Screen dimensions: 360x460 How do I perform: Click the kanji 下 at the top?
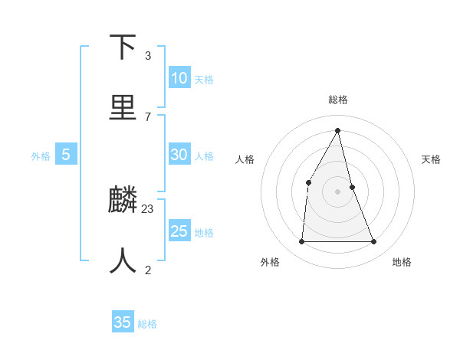coord(123,47)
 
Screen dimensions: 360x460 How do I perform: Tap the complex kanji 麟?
coord(123,201)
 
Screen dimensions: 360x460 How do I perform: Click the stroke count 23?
coord(148,208)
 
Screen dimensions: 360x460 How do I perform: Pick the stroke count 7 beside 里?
coord(147,116)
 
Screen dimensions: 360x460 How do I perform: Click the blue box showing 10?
coord(179,78)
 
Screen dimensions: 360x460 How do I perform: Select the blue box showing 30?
coord(179,155)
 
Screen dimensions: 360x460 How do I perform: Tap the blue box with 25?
coord(179,231)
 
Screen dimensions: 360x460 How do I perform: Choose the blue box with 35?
coord(123,322)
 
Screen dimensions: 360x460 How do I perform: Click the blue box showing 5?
coord(66,155)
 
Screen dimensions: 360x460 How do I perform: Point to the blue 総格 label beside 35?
coord(147,324)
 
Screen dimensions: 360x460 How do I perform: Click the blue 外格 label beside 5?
coord(41,156)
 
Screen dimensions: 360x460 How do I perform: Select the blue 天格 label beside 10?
coord(204,80)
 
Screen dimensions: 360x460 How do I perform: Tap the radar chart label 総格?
coord(338,100)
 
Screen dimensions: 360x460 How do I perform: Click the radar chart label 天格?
coord(431,159)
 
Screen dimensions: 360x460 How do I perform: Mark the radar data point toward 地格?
coord(373,241)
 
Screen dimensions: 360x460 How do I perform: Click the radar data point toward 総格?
coord(338,129)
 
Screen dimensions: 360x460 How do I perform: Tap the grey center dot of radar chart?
coord(338,191)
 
